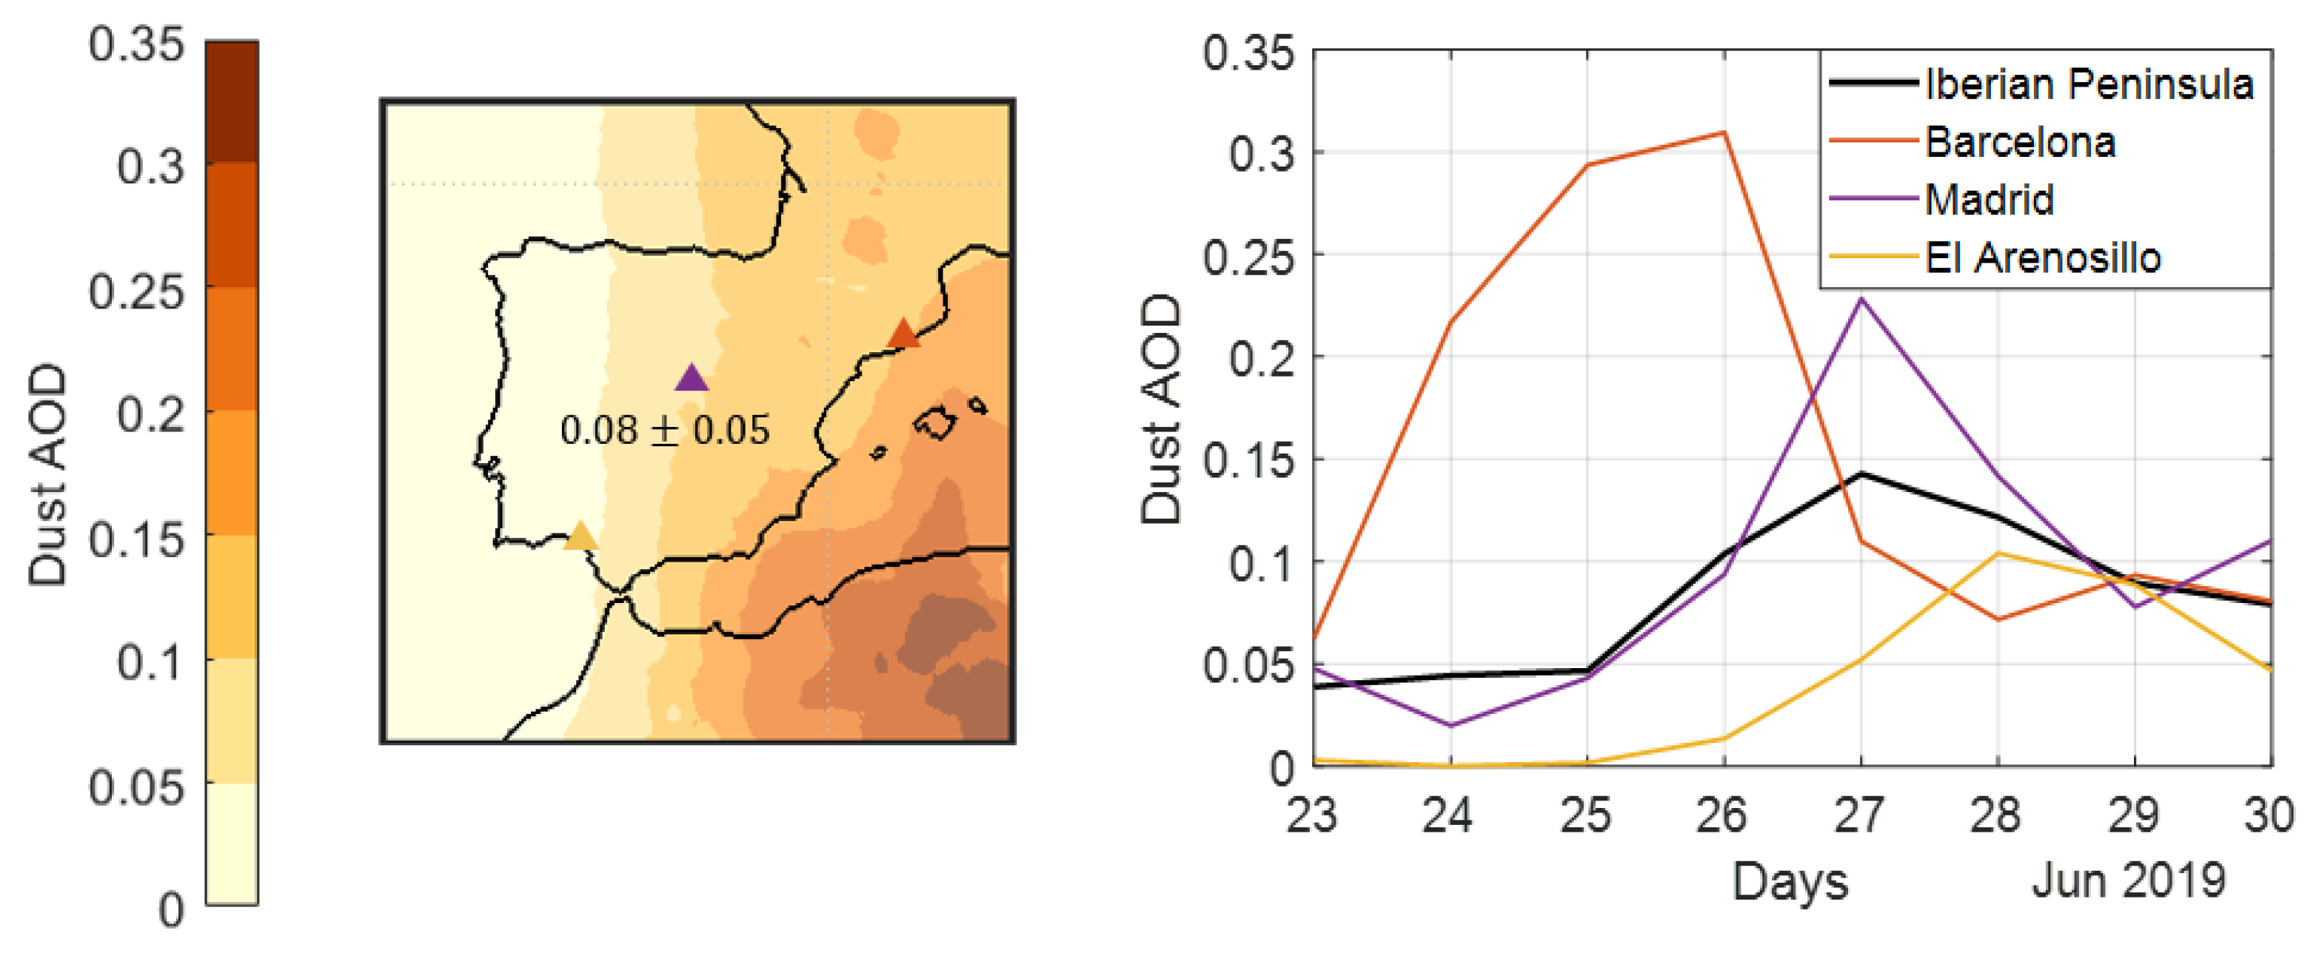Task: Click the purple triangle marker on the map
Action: click(x=692, y=379)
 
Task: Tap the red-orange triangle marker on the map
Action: click(x=903, y=334)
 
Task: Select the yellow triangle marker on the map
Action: click(x=580, y=537)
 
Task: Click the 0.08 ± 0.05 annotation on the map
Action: click(x=664, y=430)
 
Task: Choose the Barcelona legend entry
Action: click(x=2019, y=142)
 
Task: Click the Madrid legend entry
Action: click(x=1989, y=200)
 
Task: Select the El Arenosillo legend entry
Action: click(x=2042, y=258)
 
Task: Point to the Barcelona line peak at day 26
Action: click(x=1723, y=133)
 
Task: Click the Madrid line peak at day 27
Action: click(x=1861, y=299)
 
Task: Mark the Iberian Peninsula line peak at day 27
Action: click(x=1861, y=474)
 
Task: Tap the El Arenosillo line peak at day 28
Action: click(x=1998, y=553)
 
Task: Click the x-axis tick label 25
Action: click(x=1585, y=815)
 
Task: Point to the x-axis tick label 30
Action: click(x=2269, y=815)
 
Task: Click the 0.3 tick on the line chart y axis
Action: click(x=1261, y=155)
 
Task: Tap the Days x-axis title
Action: click(x=1790, y=882)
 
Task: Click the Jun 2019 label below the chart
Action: click(x=2128, y=880)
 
